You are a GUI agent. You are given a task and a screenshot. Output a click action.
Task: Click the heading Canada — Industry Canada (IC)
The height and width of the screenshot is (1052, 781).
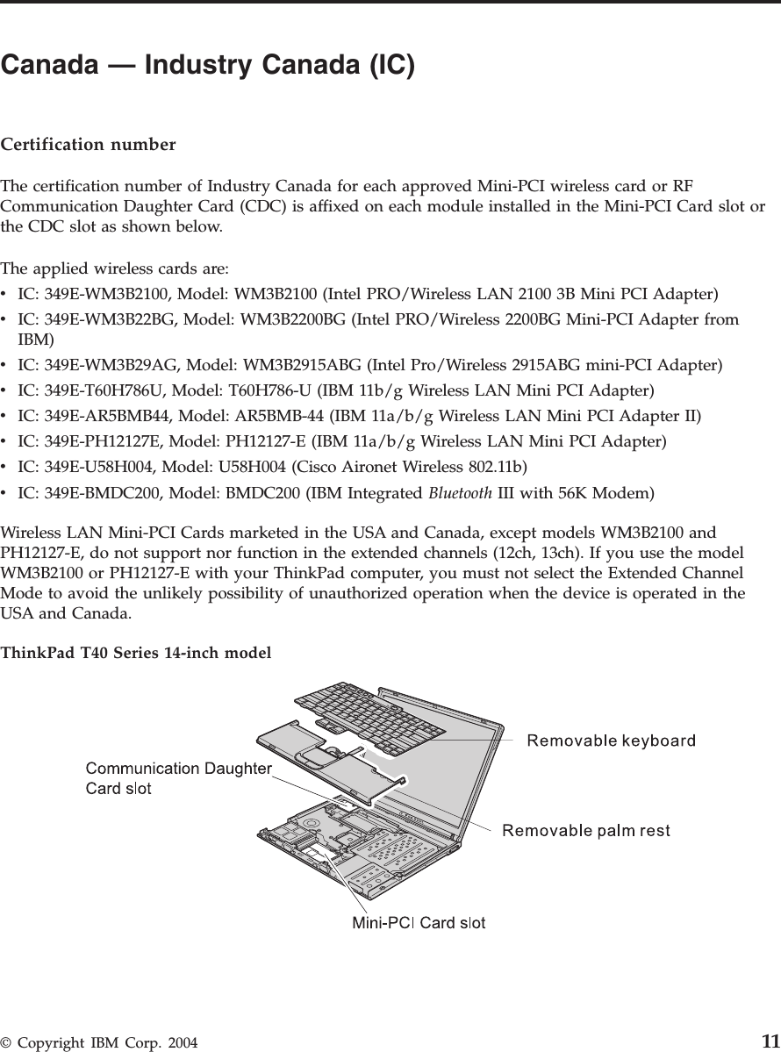click(x=208, y=65)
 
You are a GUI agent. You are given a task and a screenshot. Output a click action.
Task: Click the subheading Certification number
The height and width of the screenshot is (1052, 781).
click(x=88, y=144)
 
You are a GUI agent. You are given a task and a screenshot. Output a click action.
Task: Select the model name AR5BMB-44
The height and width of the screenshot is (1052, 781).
click(x=279, y=414)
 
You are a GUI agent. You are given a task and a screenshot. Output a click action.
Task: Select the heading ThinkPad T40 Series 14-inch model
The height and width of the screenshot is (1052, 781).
click(x=136, y=654)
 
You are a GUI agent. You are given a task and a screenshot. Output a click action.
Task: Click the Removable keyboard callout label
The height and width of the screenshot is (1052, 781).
click(x=611, y=741)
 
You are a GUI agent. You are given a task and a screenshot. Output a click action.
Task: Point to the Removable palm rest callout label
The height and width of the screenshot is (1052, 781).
click(x=585, y=830)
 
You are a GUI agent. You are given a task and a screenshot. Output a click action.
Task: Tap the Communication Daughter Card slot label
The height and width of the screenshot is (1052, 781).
click(x=178, y=778)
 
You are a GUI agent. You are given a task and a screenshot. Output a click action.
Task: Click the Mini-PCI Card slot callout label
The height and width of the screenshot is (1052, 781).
click(x=419, y=922)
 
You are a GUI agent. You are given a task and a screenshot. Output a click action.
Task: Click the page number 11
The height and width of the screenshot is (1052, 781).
click(x=770, y=1041)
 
